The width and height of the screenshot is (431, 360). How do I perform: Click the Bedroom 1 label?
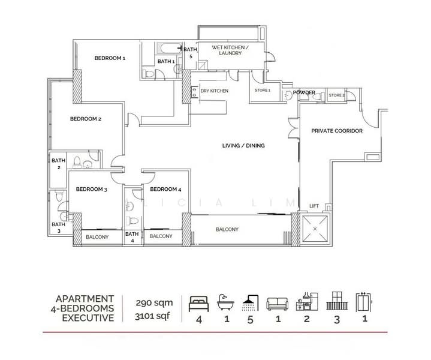110,58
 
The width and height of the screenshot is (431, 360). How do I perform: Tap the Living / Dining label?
243,146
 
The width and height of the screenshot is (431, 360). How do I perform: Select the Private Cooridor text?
337,131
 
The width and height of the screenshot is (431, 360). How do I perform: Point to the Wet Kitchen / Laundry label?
230,50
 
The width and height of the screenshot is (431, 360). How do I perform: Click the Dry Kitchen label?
215,91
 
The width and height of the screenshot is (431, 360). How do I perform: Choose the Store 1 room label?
263,90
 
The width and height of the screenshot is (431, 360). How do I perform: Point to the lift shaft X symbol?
315,229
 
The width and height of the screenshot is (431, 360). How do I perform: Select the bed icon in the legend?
199,304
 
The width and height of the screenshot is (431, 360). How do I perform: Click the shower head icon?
250,303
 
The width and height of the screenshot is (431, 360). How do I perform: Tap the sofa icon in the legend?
278,304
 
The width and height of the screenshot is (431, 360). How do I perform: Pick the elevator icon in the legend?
364,302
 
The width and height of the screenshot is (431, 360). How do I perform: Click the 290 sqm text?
154,303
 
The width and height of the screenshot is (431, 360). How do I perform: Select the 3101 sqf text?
152,316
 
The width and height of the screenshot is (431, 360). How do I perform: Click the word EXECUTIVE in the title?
88,318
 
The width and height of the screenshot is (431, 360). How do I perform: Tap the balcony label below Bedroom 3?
97,237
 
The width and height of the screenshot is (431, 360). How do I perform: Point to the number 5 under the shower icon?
250,320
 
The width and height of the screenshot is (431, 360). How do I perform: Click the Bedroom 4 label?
165,189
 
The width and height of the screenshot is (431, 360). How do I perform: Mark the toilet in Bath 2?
77,163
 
